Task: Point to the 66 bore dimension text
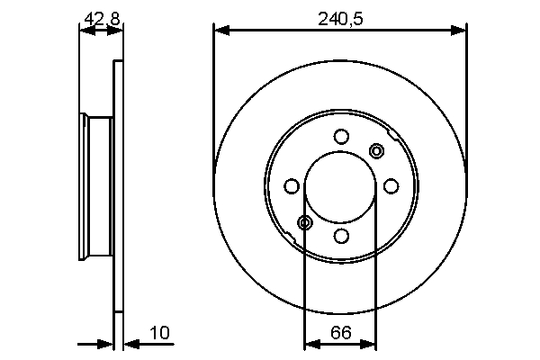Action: click(x=340, y=332)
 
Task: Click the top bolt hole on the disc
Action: click(x=340, y=137)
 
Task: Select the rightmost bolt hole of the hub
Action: click(x=391, y=186)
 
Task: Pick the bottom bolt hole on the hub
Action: click(x=340, y=236)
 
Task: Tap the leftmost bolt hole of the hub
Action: click(x=291, y=186)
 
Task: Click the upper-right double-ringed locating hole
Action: click(x=376, y=150)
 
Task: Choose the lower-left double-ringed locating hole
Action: click(x=305, y=222)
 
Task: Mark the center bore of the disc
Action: click(x=340, y=186)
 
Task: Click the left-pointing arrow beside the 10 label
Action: click(x=130, y=344)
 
